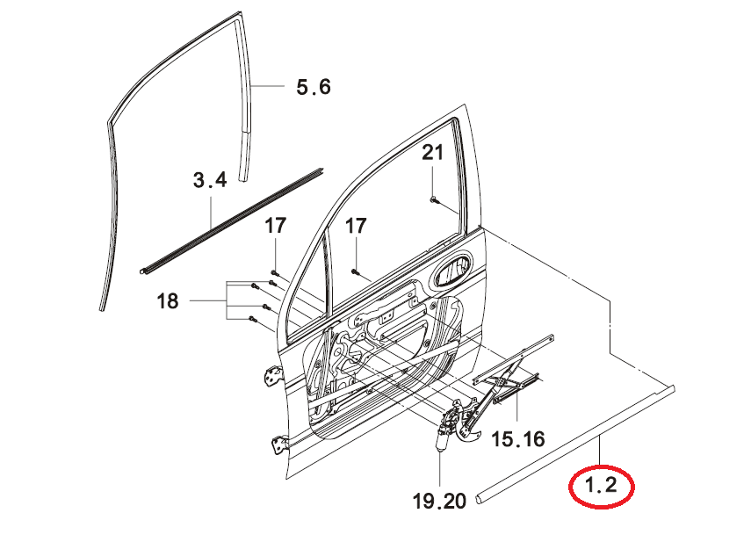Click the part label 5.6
pyautogui.click(x=314, y=87)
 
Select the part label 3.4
pyautogui.click(x=210, y=180)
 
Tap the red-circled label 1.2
pyautogui.click(x=601, y=487)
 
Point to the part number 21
pyautogui.click(x=432, y=153)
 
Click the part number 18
pyautogui.click(x=168, y=301)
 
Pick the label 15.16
pyautogui.click(x=518, y=438)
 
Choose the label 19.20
pyautogui.click(x=439, y=501)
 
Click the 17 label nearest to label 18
pyautogui.click(x=276, y=226)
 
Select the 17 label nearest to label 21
pyautogui.click(x=356, y=226)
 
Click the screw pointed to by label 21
pyautogui.click(x=433, y=199)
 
